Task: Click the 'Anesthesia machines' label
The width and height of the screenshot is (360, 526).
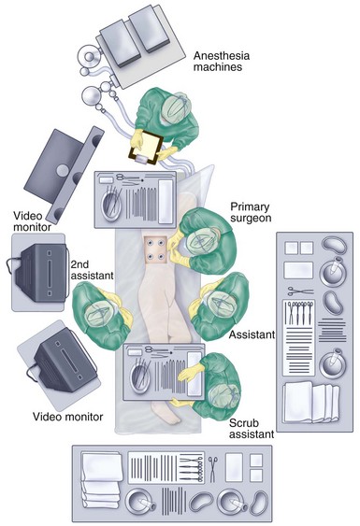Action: (x=222, y=62)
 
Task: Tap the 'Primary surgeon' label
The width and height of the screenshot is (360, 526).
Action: (x=251, y=212)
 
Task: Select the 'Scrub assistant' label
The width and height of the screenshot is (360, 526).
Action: (x=252, y=429)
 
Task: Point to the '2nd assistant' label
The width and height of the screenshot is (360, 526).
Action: (x=92, y=270)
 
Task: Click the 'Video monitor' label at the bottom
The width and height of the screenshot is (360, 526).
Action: (x=68, y=417)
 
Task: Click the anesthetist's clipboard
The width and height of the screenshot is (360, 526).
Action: (x=146, y=148)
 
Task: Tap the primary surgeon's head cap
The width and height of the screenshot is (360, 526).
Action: (x=201, y=241)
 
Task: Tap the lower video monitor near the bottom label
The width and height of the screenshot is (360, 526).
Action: (x=63, y=362)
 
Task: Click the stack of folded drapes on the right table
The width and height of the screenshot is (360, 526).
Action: (x=311, y=402)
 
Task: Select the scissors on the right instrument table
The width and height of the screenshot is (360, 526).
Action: (x=300, y=291)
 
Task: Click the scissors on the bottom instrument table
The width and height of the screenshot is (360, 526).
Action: (x=213, y=469)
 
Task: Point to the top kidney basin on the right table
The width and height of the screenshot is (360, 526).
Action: (x=334, y=245)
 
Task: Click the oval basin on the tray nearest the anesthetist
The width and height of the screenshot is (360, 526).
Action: (x=111, y=205)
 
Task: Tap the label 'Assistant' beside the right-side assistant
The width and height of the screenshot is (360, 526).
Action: (x=252, y=334)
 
